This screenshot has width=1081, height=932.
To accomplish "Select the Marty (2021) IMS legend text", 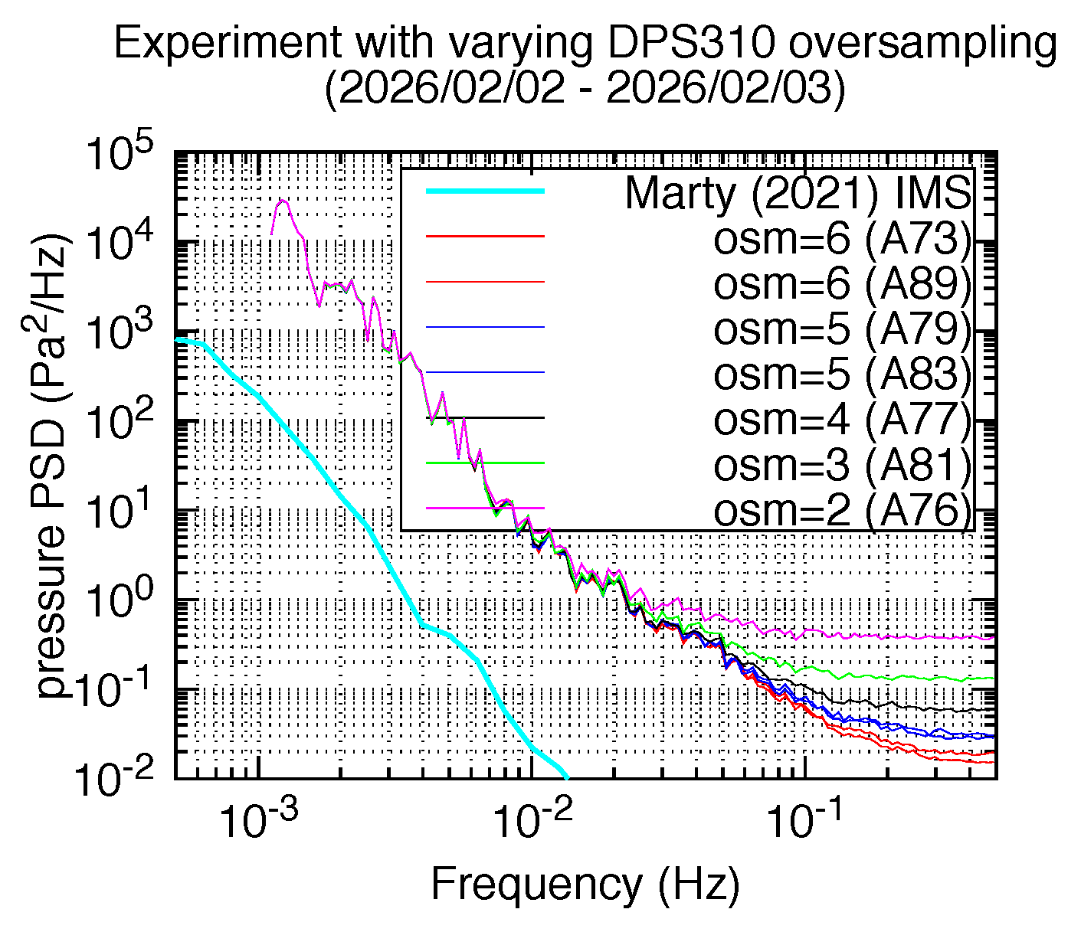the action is [x=798, y=194].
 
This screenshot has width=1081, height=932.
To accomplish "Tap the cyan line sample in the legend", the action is [x=485, y=191].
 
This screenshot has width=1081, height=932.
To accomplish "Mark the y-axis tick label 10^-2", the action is [x=116, y=778].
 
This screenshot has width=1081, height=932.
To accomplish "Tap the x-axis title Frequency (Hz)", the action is [x=585, y=884].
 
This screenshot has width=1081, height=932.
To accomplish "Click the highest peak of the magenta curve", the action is [x=283, y=200].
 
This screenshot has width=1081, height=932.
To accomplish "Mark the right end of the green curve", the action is [x=993, y=678].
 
